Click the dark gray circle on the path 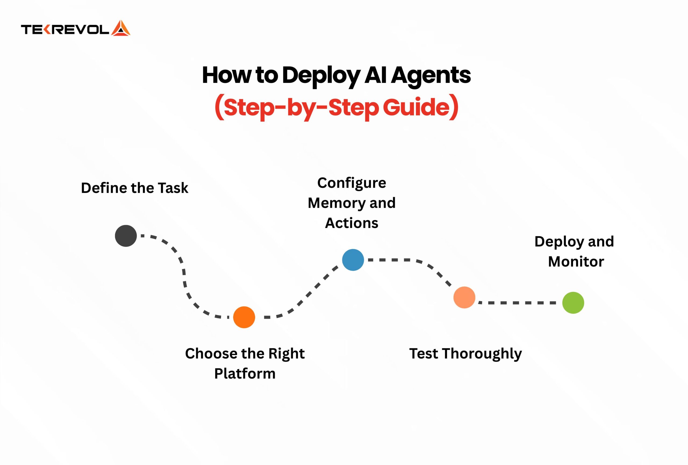[126, 236]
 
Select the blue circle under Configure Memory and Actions [353, 260]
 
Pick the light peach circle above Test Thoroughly [464, 298]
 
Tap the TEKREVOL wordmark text [65, 30]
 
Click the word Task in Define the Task [173, 188]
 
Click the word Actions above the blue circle [352, 223]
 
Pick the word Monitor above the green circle [576, 262]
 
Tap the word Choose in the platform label [211, 354]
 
